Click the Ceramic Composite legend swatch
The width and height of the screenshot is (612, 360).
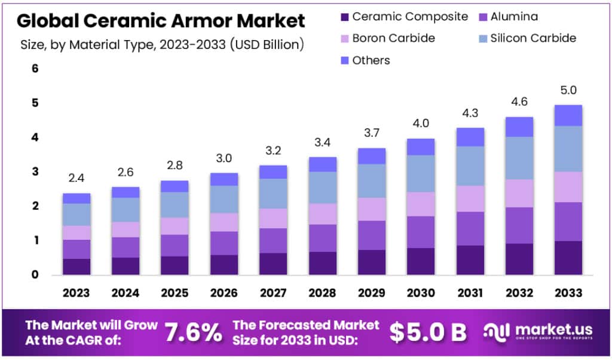(x=343, y=17)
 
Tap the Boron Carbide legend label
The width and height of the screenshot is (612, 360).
(x=393, y=38)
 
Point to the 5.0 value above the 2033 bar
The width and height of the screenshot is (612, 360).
(x=568, y=90)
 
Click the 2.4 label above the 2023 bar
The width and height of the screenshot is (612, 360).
(x=76, y=178)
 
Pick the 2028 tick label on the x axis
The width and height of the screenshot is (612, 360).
(x=323, y=293)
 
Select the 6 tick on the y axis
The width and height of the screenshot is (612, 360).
(x=35, y=69)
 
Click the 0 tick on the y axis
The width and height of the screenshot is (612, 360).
(x=35, y=275)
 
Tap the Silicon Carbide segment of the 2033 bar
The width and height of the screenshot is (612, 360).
(x=568, y=148)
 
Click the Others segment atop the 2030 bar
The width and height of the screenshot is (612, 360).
(x=421, y=147)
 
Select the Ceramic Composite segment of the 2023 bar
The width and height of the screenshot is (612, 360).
(x=76, y=267)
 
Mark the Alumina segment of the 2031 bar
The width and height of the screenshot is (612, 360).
(x=470, y=228)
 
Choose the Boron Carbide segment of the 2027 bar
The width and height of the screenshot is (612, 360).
(x=273, y=218)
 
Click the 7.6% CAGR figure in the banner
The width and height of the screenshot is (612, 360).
(x=192, y=332)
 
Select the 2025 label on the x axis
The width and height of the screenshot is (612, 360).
(x=175, y=293)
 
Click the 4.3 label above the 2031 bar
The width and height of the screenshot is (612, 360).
(x=470, y=113)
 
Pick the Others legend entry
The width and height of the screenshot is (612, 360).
(x=371, y=60)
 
